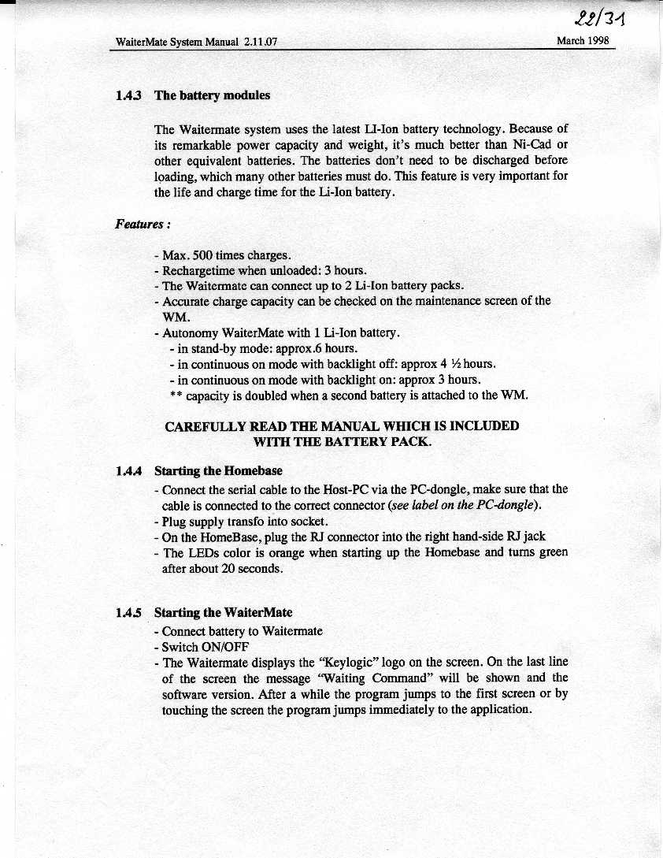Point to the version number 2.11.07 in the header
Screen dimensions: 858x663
click(x=260, y=42)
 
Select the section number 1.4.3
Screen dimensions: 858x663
click(x=128, y=95)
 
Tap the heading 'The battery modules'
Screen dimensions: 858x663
click(x=212, y=95)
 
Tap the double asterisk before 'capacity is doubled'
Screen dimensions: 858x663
click(x=176, y=395)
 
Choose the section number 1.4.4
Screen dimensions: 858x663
click(x=128, y=472)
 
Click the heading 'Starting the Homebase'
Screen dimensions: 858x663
click(x=218, y=472)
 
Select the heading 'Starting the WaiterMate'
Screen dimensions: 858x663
click(x=223, y=612)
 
